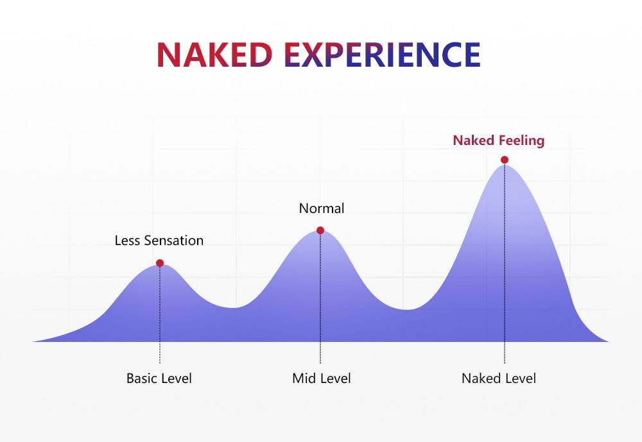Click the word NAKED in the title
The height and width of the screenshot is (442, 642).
pyautogui.click(x=214, y=55)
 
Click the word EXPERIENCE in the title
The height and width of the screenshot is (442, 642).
pyautogui.click(x=382, y=55)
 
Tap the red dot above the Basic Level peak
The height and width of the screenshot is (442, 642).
pyautogui.click(x=160, y=263)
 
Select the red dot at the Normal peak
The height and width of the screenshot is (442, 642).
pyautogui.click(x=320, y=230)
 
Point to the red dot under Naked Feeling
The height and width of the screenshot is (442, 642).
pyautogui.click(x=505, y=160)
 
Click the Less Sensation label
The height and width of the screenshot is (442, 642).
pyautogui.click(x=159, y=240)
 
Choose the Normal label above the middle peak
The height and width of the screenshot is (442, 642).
pyautogui.click(x=322, y=208)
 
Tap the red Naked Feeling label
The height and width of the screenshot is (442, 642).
pyautogui.click(x=499, y=140)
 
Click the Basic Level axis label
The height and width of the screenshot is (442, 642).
pyautogui.click(x=159, y=378)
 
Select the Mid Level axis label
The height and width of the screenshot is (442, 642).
pyautogui.click(x=322, y=378)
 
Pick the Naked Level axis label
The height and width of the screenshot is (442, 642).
pyautogui.click(x=499, y=378)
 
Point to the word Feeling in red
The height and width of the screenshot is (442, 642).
pyautogui.click(x=521, y=140)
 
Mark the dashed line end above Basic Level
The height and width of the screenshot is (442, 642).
pyautogui.click(x=160, y=363)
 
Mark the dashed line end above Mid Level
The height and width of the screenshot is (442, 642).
pyautogui.click(x=320, y=363)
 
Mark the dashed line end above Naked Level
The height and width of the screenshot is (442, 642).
pyautogui.click(x=505, y=363)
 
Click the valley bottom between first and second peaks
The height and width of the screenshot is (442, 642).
pyautogui.click(x=234, y=308)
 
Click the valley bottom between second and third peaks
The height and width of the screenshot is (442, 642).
pyautogui.click(x=406, y=310)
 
